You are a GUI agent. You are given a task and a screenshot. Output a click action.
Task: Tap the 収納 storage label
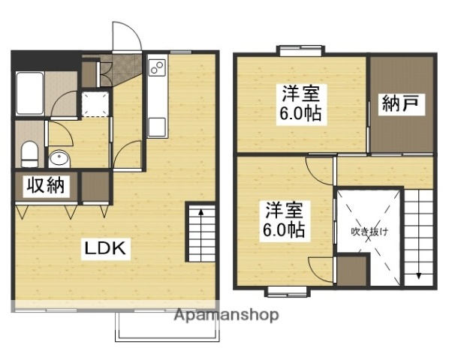point(45,186)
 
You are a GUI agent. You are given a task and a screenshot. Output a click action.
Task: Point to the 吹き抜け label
point(369,232)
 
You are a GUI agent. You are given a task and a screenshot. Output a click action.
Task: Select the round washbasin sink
point(59,158)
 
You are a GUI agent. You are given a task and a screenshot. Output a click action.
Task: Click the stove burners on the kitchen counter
point(158,69)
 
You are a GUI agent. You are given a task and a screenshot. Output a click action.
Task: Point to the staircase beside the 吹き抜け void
point(420,236)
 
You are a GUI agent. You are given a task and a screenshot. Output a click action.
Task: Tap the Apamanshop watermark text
point(226,314)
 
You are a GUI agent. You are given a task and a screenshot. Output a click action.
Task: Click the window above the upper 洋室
point(300,50)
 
